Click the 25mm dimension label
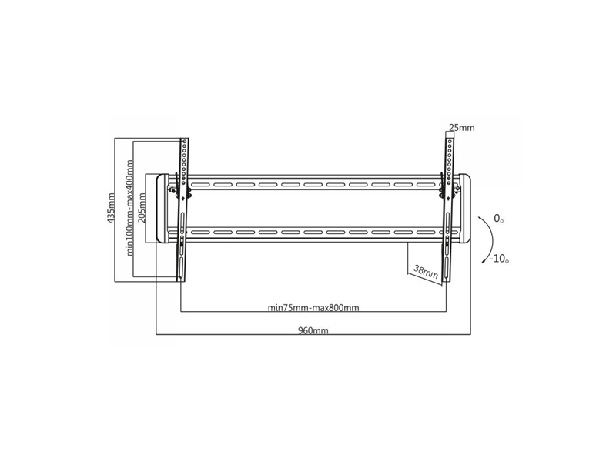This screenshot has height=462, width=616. point(461,128)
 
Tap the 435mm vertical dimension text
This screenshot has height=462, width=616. point(112,208)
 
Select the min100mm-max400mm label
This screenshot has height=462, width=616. point(130,208)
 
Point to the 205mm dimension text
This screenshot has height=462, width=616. point(142,208)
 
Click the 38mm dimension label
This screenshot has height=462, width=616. point(426,272)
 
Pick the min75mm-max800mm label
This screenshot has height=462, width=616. point(313,307)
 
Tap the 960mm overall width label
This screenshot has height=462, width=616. point(313,330)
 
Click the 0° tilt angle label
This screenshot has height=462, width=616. point(498,218)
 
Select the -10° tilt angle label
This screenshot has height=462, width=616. point(499,259)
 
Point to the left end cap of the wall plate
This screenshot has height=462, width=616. point(162,208)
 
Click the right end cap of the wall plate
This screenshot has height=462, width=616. point(465,208)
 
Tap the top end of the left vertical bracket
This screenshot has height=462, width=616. point(185,139)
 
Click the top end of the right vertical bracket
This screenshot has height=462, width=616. point(450,133)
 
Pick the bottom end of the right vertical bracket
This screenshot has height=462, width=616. point(446,280)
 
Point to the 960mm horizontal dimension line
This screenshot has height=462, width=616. point(313,335)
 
